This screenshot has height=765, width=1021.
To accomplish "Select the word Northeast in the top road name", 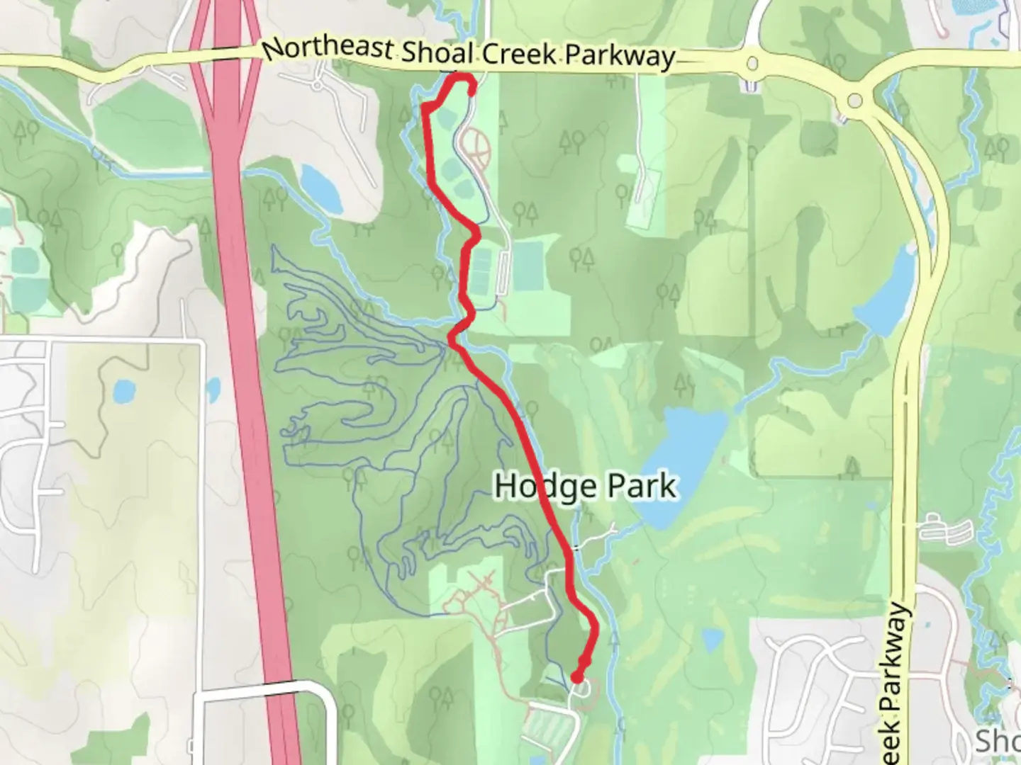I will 328,48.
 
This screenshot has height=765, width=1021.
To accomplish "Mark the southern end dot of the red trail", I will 577,678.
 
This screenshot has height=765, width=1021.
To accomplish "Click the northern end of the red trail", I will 472,91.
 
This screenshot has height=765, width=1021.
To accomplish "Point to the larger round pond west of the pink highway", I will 123,390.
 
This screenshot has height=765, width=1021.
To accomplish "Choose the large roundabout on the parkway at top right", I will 855,100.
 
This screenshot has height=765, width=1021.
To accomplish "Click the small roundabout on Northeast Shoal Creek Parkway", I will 751,66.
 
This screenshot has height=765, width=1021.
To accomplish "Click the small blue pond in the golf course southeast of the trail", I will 711,641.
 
